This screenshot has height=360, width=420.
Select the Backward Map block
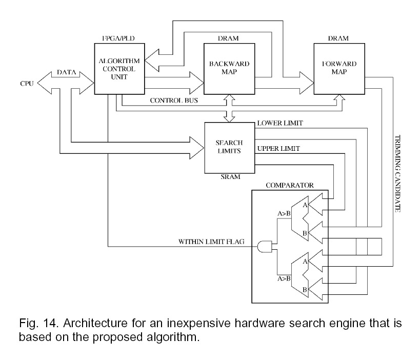coord(229,68)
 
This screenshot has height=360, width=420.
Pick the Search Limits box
coord(229,147)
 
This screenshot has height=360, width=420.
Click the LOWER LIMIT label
coord(280,124)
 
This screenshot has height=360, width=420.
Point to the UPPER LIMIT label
coord(279,149)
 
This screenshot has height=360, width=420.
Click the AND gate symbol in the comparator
coord(265,247)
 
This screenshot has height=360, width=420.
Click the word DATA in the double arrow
coord(67,73)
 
